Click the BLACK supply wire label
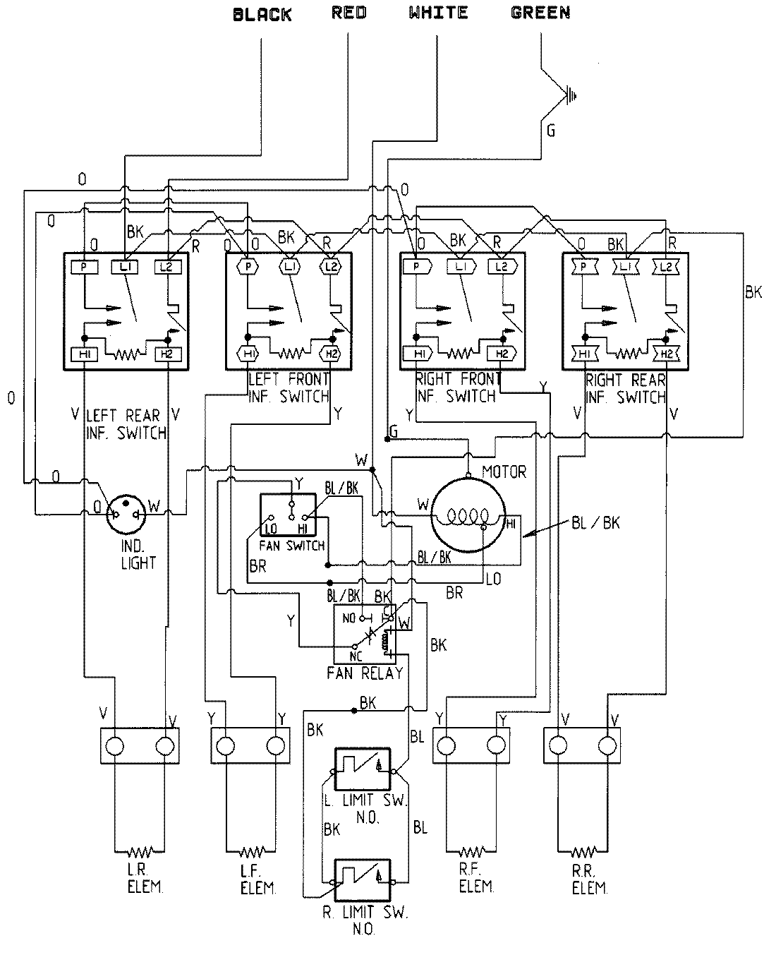coord(262,15)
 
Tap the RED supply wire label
coord(348,13)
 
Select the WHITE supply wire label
coord(438,13)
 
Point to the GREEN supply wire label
coord(540,13)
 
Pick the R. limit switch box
coord(362,879)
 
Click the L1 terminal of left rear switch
coord(126,267)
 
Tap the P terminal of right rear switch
coord(583,267)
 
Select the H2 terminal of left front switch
coord(329,353)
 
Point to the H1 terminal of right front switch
coord(419,353)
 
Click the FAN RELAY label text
coord(365,673)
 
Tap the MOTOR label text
coord(504,472)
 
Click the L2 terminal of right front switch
coord(502,267)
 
